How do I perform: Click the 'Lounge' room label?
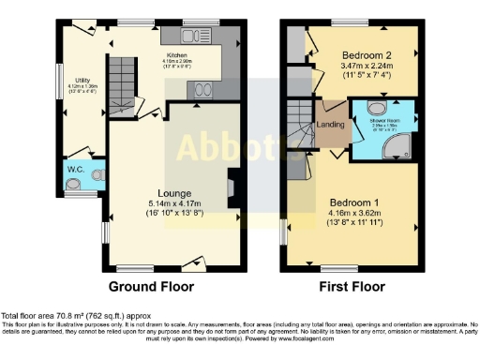click(168, 193)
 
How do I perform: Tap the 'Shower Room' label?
click(385, 120)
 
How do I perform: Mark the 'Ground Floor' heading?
click(152, 286)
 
